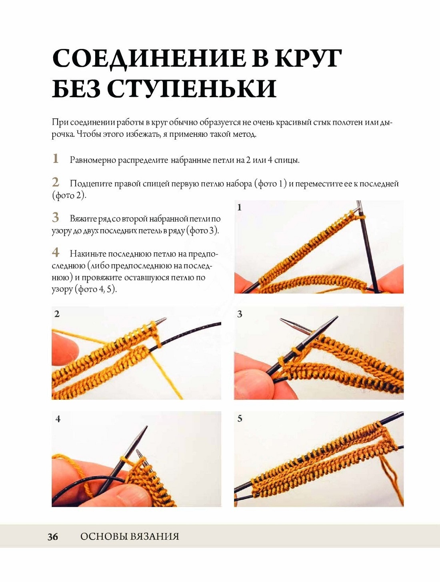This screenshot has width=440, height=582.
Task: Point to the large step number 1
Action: (x=55, y=158)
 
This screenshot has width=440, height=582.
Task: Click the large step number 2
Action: (x=56, y=182)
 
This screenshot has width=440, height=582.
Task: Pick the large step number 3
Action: (x=55, y=218)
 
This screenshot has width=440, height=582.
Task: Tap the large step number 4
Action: (x=56, y=252)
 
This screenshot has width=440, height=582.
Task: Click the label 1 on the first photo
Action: (x=240, y=207)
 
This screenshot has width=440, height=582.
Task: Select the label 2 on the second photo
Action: (x=57, y=314)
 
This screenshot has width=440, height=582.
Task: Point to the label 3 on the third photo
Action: (x=240, y=314)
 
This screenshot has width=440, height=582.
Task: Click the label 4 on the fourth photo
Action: (x=58, y=419)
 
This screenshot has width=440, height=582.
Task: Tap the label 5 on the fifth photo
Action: (x=240, y=419)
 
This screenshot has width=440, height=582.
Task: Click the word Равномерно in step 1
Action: (x=94, y=160)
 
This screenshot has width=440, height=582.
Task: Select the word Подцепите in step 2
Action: (x=91, y=184)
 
